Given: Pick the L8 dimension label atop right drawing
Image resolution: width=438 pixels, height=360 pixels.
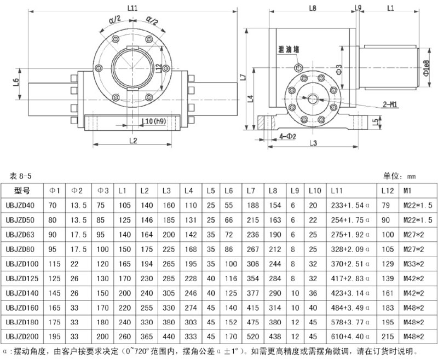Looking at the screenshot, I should [313, 8].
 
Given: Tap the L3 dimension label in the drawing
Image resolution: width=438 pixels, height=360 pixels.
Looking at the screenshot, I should [314, 143].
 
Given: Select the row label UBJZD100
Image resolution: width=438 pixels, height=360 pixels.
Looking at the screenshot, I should [25, 263].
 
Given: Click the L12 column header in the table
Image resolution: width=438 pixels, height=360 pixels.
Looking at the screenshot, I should [387, 190].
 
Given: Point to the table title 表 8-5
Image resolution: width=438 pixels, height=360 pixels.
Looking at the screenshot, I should [23, 176].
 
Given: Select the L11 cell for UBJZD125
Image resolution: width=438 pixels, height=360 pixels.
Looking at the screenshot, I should [351, 277].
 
